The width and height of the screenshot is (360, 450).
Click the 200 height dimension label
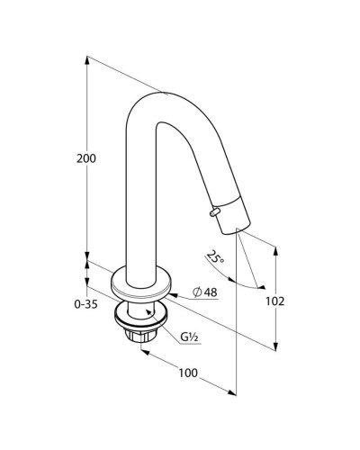[86, 158]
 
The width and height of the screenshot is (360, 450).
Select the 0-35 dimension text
[85, 304]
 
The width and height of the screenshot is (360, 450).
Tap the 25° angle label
[215, 257]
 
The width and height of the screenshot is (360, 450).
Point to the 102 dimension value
[274, 301]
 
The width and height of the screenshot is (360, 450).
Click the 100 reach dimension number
[188, 373]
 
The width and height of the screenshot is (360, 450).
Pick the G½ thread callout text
[189, 337]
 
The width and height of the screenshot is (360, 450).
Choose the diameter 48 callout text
[205, 292]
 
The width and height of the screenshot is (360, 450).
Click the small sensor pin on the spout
[214, 211]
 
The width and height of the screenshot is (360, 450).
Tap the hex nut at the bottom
[140, 335]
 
